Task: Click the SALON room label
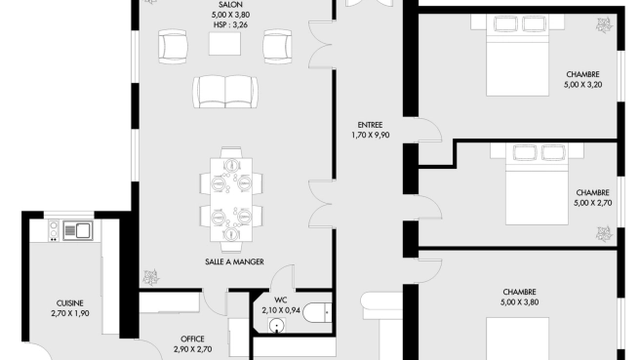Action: pos(230,5)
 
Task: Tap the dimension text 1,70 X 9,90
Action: pos(370,135)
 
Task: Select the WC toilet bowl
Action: pos(317,312)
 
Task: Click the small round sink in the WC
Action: pos(277,325)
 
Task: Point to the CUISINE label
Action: pos(70,303)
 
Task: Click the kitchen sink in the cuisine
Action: pos(77,230)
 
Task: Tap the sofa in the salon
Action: pos(225,92)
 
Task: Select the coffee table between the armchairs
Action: pos(225,44)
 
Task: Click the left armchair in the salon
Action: pos(173,46)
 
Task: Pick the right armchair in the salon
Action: pos(277,46)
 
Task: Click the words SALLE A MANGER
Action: pos(234,261)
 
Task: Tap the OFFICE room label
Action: pos(192,340)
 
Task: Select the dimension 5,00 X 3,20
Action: pos(582,85)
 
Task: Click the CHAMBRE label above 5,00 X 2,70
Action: pos(592,192)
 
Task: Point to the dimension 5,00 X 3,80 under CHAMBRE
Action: pos(520,302)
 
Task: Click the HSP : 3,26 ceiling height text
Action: pos(230,25)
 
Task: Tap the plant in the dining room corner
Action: pos(151,277)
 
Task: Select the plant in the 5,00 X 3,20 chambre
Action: pos(604,25)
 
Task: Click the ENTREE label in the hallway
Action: pos(370,125)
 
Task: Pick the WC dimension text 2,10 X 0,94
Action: pos(281,310)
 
